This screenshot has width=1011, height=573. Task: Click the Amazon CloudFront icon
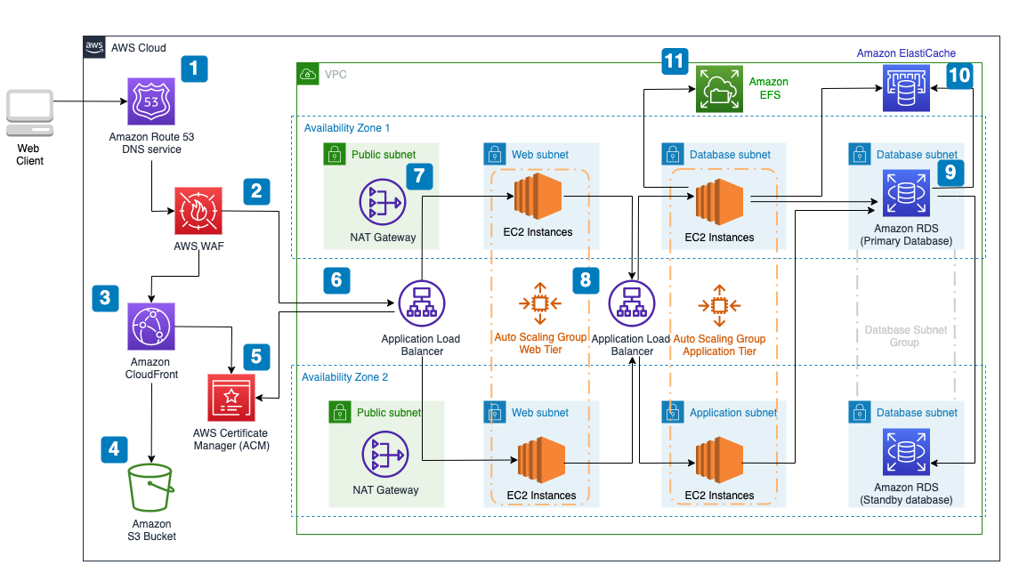tap(152, 327)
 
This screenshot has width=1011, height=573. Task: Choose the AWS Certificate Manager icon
tap(231, 397)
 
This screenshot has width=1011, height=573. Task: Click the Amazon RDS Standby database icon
tap(906, 452)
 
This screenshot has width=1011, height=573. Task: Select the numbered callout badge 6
tap(336, 279)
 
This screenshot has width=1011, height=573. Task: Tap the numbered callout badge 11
tap(675, 61)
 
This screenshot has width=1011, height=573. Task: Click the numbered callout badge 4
tap(113, 449)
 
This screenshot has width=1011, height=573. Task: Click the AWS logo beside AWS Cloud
tap(95, 47)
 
